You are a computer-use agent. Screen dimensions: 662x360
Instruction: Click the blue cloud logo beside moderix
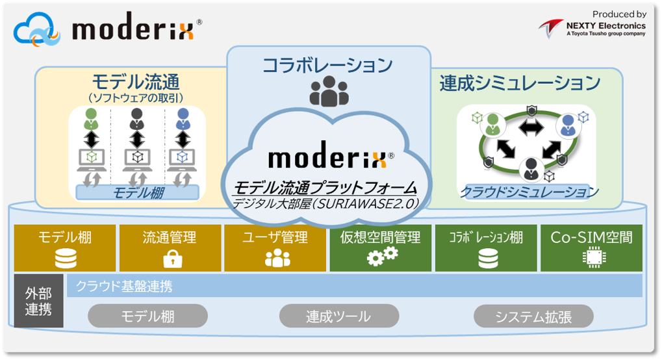(x=37, y=30)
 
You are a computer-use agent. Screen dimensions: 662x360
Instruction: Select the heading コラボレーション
(x=327, y=65)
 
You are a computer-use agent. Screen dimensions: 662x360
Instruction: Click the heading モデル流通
(x=136, y=81)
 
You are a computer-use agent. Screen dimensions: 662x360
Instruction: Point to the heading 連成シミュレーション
(x=520, y=83)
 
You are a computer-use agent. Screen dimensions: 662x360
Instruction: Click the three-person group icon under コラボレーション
(x=329, y=91)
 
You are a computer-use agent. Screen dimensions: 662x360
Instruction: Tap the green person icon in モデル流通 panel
(x=91, y=119)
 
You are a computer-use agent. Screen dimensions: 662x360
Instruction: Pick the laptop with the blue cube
(x=182, y=160)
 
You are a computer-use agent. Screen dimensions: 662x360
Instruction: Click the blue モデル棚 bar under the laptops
(x=137, y=193)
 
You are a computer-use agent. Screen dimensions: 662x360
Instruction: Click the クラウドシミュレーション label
(x=529, y=192)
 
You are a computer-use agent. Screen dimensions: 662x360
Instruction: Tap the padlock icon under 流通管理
(x=173, y=259)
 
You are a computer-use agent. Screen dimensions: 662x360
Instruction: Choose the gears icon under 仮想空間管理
(x=382, y=256)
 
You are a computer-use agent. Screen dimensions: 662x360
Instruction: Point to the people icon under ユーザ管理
(x=277, y=258)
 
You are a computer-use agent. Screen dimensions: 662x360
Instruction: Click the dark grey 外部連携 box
(x=39, y=301)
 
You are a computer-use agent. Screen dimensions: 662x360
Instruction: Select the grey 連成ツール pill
(x=339, y=316)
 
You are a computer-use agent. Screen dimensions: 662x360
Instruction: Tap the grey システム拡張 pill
(x=533, y=316)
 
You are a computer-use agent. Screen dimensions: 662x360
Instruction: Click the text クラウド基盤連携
(x=124, y=287)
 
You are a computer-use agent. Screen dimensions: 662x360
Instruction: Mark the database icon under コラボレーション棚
(x=488, y=259)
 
